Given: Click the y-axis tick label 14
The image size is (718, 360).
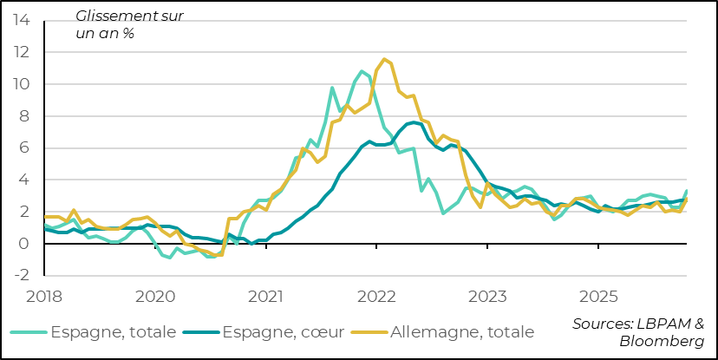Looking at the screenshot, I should coord(23,20).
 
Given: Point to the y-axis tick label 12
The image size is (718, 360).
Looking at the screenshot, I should coord(23,52).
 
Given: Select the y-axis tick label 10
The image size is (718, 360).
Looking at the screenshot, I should coord(23,84).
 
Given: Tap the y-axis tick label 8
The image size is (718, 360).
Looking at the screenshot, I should coord(27,116).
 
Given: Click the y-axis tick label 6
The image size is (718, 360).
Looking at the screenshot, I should coord(27,148).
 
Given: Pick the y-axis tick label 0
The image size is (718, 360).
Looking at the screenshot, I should coord(27,244).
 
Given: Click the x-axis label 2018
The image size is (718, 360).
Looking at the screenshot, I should coord(46,297).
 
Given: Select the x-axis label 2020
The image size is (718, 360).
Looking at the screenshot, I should coord(156,297).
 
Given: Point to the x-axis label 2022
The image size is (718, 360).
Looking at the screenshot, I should coord(377,297).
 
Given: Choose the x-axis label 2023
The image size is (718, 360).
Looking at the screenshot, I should coord(487,297).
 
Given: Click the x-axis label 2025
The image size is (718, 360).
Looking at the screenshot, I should coord(598,297).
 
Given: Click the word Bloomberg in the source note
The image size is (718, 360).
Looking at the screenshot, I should coord(662,342).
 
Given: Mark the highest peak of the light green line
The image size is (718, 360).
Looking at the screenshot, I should coord(362,71).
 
